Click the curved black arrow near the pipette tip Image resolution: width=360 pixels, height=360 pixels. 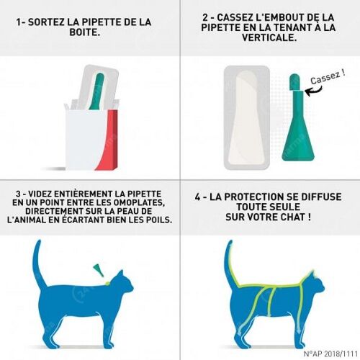pos(314,91)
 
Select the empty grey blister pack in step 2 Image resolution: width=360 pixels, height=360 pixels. pos(247,117)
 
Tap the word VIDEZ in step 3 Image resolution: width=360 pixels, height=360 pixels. pos(40,194)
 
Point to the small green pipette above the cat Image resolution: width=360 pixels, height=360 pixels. pos(99,269)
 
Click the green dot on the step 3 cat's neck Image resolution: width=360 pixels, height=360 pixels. pos(107,283)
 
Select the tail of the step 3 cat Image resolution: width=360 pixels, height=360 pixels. pos(38,264)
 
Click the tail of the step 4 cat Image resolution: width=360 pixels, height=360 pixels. pos(230,264)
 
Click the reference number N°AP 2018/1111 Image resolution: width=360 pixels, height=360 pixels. pos(330,354)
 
